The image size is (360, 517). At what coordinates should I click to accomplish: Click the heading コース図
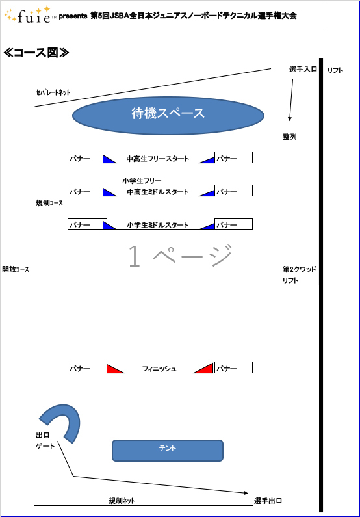click(36, 53)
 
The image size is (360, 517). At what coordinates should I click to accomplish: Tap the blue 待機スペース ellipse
click(168, 115)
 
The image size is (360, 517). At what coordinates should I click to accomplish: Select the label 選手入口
click(303, 69)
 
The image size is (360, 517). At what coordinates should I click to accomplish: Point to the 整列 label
click(290, 137)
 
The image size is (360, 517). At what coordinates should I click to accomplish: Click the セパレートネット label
click(53, 92)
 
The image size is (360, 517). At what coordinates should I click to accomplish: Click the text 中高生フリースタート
click(158, 159)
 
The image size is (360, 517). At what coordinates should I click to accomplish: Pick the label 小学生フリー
click(142, 181)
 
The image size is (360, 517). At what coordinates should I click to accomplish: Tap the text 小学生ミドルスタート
click(158, 225)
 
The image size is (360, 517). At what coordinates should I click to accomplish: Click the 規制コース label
click(49, 203)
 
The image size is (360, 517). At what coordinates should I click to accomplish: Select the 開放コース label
click(16, 269)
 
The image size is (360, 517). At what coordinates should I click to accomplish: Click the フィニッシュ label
click(159, 369)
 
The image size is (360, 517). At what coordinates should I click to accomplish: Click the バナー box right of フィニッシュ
click(233, 367)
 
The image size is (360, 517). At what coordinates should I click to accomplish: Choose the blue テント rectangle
click(168, 451)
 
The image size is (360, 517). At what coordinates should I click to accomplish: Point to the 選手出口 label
click(268, 501)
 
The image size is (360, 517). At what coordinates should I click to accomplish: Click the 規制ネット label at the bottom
click(122, 501)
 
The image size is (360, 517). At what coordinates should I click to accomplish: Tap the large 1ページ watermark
click(180, 256)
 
